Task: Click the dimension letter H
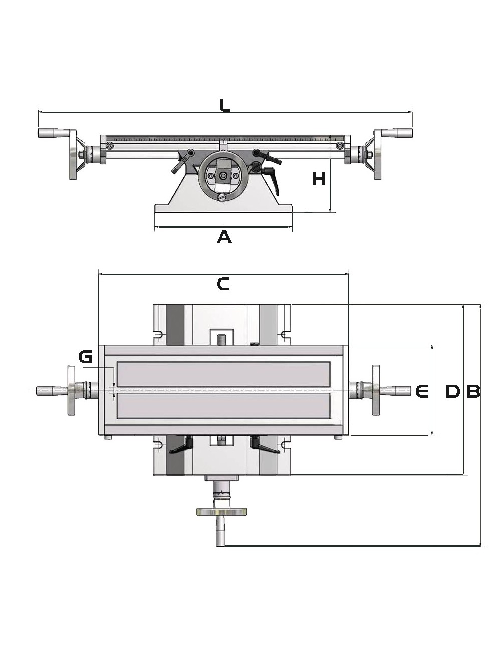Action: point(319,179)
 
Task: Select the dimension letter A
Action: point(224,237)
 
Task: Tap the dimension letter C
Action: point(223,284)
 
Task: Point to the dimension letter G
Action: point(86,357)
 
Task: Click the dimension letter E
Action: point(422,391)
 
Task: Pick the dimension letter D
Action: point(452,391)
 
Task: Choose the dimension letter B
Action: point(473,391)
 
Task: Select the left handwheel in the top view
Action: point(71,391)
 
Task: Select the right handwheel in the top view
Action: point(376,391)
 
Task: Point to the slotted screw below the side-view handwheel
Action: point(223,198)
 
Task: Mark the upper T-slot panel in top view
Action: point(223,374)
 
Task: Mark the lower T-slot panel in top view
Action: point(223,406)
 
